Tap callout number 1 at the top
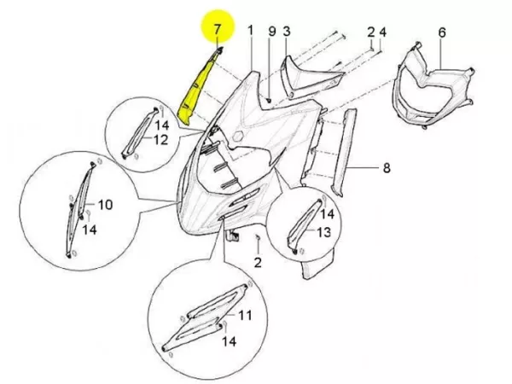(x=251, y=31)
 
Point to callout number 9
(x=271, y=32)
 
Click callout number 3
(x=288, y=32)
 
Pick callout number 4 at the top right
(x=383, y=32)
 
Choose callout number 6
(x=442, y=32)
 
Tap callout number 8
(x=386, y=169)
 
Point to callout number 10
(x=105, y=205)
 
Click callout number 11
(x=246, y=316)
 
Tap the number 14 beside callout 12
(x=161, y=125)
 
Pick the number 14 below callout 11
(x=228, y=341)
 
